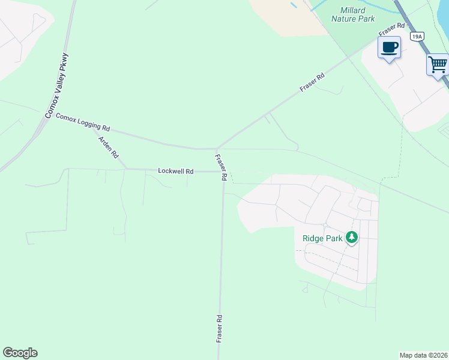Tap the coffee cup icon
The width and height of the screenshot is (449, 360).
coord(389,47)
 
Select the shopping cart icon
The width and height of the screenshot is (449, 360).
coord(438,64)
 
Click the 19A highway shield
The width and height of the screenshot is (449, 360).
coord(417,37)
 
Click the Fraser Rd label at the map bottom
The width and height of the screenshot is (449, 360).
coord(219,329)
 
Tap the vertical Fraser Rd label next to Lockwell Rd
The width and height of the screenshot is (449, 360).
coord(220,168)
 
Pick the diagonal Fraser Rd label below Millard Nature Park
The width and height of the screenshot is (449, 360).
coord(312,82)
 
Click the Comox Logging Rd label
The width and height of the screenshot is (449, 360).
coord(83,122)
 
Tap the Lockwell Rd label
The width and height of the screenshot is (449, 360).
coord(175,171)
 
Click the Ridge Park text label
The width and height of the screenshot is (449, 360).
coord(322,238)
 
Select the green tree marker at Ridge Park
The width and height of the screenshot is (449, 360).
coord(352,238)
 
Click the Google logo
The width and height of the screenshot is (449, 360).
coord(20,353)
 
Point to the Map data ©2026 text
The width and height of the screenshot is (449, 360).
coord(424,355)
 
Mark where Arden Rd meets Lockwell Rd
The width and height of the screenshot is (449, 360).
coord(125,169)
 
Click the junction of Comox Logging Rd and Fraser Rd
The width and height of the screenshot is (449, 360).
coord(216,148)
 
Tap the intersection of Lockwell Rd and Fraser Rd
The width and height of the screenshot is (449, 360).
coord(223,172)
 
